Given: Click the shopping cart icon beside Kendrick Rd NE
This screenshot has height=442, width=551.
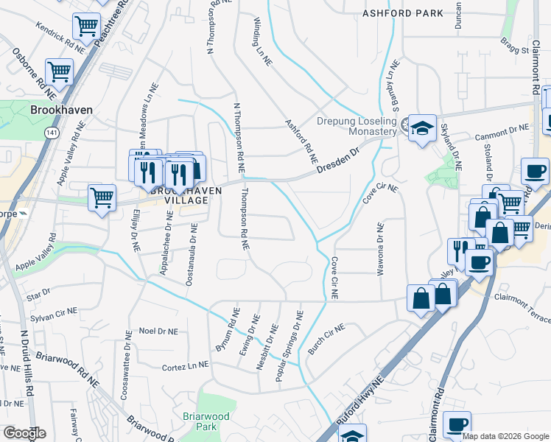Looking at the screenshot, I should click(86, 28).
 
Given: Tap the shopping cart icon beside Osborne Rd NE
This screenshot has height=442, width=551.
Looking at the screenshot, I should click(59, 72).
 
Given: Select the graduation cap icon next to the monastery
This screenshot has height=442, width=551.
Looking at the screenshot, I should click(423, 127).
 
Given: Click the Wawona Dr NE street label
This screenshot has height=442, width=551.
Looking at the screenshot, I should click(381, 248).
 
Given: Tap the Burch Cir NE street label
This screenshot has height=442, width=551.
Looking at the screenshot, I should click(326, 339).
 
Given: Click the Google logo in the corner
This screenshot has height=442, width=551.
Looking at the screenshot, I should click(24, 433).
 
